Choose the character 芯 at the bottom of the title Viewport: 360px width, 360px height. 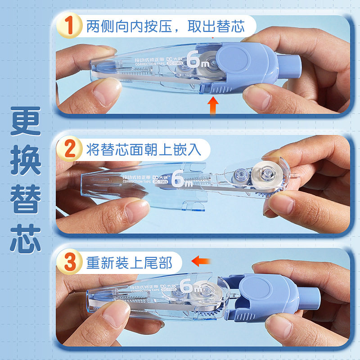pos(26,237)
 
